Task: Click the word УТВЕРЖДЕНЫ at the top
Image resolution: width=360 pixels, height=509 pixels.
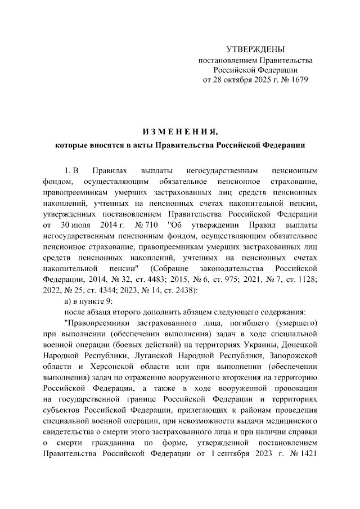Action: pyautogui.click(x=255, y=49)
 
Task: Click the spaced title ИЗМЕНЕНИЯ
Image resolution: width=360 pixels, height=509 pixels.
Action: pyautogui.click(x=180, y=132)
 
